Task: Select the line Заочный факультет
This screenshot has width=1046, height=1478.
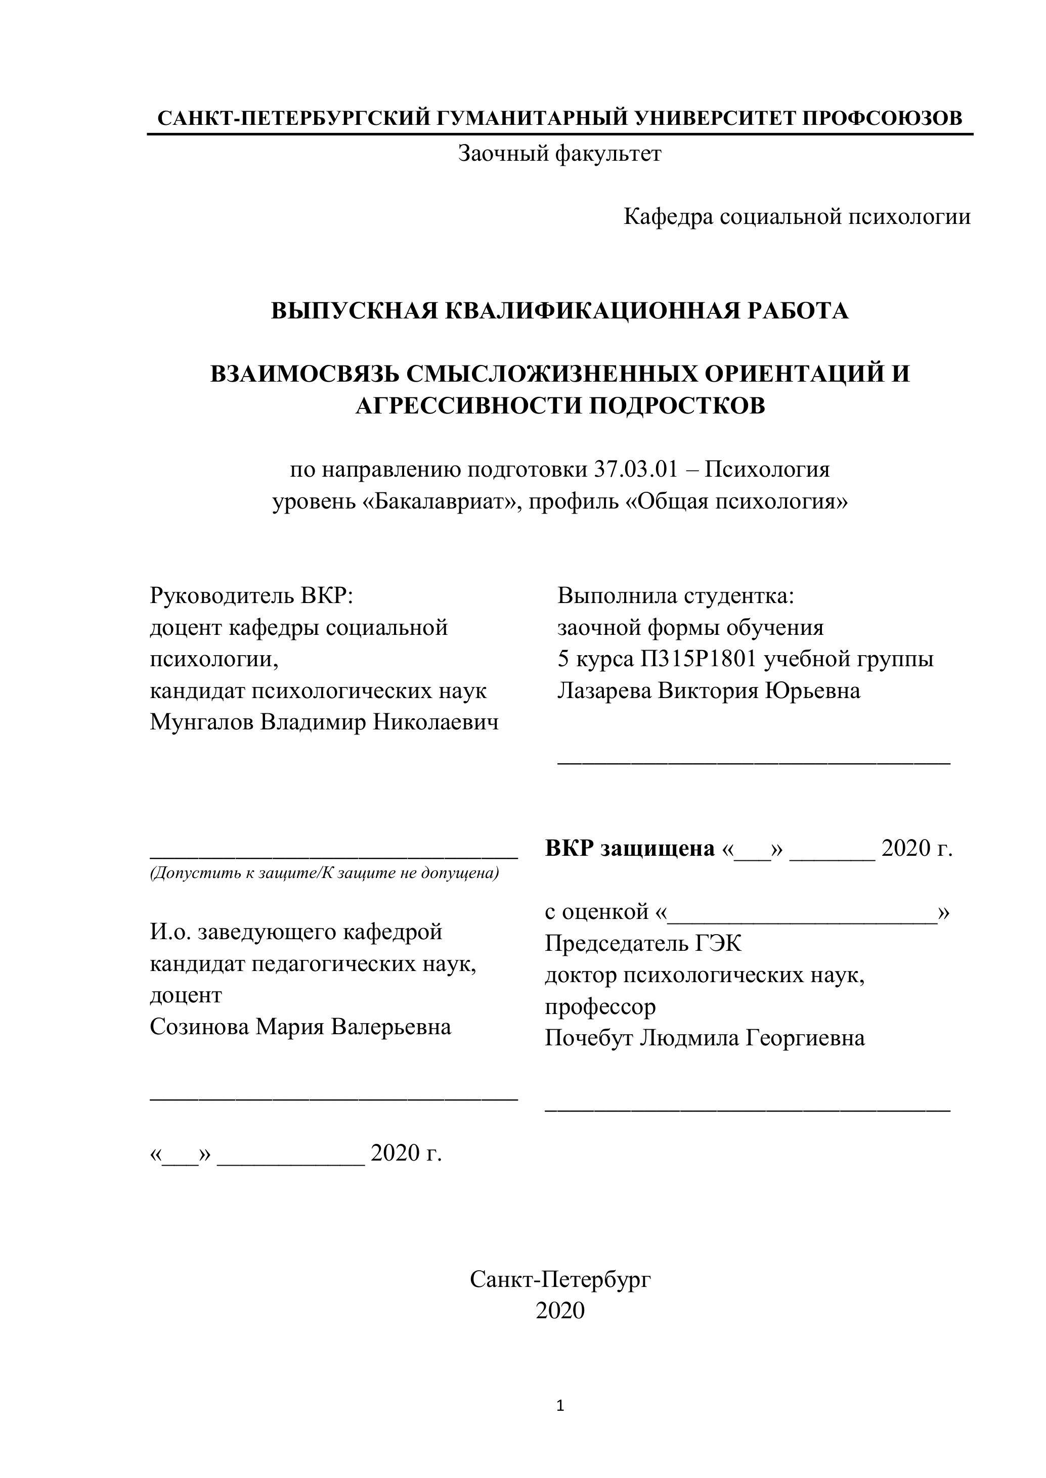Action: (x=559, y=154)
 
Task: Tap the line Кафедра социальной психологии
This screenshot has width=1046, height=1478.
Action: (x=797, y=217)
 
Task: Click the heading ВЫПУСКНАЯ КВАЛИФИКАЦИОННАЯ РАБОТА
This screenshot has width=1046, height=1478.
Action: (x=559, y=311)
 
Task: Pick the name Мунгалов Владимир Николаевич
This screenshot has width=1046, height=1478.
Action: (x=324, y=722)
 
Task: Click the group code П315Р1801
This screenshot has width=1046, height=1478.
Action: (x=698, y=659)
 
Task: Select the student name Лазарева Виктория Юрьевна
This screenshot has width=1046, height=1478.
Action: (x=709, y=690)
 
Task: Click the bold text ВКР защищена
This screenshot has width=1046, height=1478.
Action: (x=629, y=848)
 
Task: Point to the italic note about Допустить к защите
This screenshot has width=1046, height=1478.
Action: (x=324, y=873)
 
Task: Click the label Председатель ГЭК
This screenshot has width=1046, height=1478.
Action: (x=643, y=944)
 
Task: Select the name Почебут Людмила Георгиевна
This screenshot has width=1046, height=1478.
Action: (x=705, y=1038)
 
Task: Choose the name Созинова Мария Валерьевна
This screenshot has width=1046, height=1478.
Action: (x=300, y=1026)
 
